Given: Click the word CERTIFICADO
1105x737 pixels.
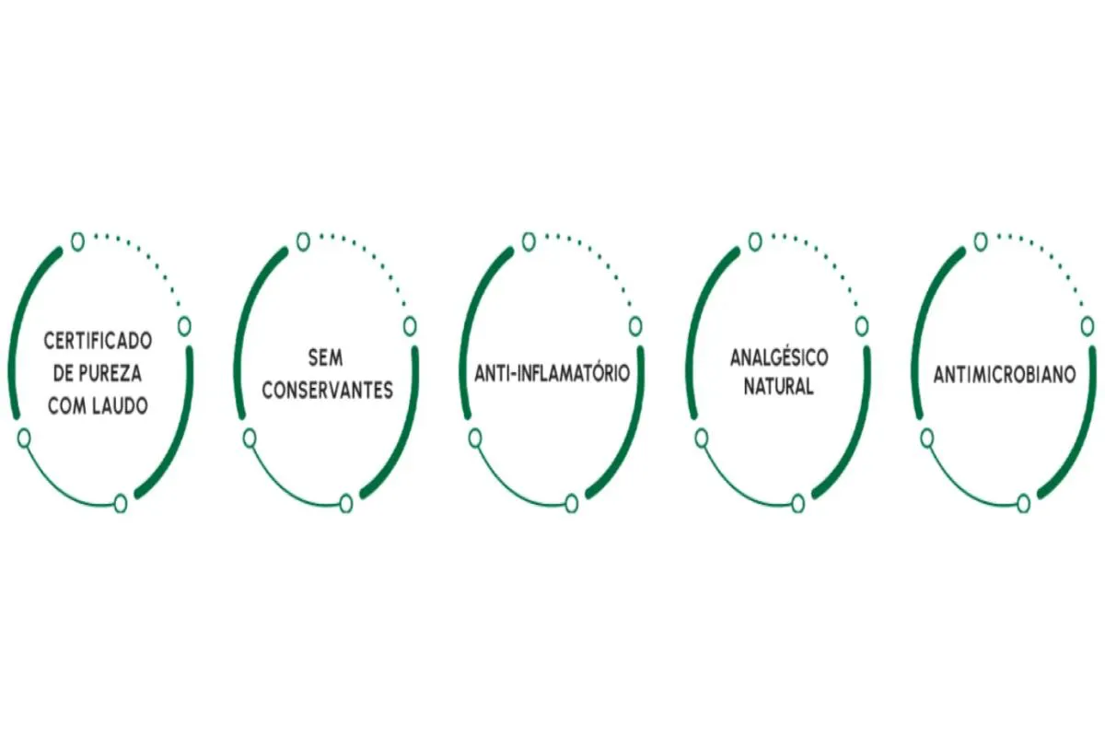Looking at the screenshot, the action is [x=99, y=341].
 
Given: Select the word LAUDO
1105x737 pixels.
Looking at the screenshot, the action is [x=123, y=406].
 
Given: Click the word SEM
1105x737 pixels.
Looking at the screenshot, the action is [x=326, y=357].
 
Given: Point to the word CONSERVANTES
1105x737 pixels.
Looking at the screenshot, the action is [x=328, y=391].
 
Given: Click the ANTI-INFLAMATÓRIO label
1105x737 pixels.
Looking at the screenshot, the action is [x=552, y=373].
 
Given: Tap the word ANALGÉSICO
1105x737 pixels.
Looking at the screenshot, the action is [x=779, y=357].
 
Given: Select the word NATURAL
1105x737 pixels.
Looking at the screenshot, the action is [x=778, y=387].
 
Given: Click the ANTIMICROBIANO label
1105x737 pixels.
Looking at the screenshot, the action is [x=1005, y=375].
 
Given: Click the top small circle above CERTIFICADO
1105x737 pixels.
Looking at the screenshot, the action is [x=77, y=242].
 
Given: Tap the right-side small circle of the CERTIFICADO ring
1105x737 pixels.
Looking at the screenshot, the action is [x=184, y=326].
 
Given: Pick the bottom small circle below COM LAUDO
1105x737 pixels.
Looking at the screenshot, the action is [x=121, y=504].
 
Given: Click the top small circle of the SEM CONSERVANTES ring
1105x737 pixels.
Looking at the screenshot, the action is [x=303, y=242].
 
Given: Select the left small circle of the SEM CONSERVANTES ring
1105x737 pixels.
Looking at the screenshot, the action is [x=250, y=439].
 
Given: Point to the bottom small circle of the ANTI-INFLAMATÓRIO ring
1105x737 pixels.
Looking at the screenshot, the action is [x=571, y=504].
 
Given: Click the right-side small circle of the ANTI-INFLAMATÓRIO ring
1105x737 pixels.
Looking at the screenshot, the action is [x=635, y=326].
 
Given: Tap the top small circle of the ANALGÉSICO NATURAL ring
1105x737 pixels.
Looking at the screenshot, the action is [x=755, y=242].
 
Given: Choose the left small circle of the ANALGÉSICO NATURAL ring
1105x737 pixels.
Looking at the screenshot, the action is [x=702, y=439].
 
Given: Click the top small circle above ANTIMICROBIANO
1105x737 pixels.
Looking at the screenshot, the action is [x=981, y=242].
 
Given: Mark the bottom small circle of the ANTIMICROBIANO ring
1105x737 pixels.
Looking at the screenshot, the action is [x=1024, y=504].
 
